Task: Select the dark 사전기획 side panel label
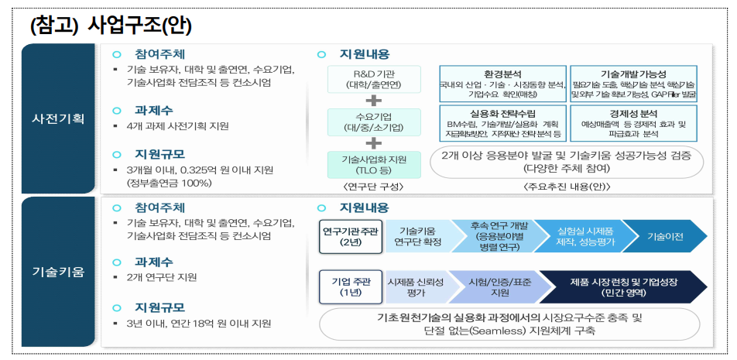pos(58,120)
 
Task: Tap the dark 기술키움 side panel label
pos(58,273)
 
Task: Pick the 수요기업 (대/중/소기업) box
pos(373,121)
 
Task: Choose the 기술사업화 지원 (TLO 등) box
pos(373,163)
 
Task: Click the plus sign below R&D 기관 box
pos(373,101)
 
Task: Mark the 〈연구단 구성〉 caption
pos(373,186)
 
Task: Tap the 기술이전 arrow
pos(664,237)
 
